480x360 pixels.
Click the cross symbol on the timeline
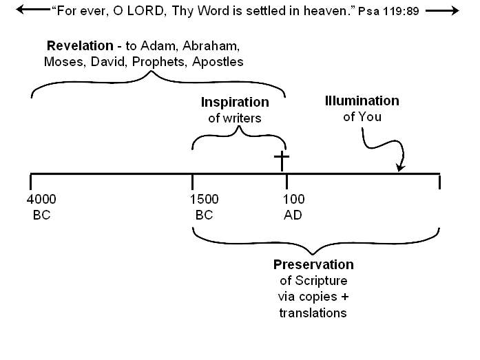281,162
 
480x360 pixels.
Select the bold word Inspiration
235,103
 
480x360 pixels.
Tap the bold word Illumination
362,101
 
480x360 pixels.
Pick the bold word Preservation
313,265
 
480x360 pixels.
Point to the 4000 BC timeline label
41,207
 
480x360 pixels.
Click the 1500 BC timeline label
204,207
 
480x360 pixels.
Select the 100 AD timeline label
294,207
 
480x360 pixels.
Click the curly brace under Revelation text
158,81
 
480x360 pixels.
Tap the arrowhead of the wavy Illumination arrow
401,168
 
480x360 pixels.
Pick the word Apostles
220,62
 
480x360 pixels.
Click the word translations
313,313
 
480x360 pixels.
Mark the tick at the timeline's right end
439,181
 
